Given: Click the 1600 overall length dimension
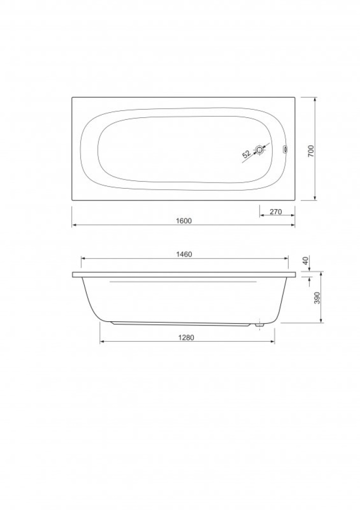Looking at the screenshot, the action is point(184,221).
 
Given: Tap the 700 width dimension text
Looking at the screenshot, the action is point(311,151).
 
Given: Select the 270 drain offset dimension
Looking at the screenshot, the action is point(275,212).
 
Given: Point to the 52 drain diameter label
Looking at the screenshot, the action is point(246,154).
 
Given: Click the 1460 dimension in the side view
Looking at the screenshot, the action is point(185,254).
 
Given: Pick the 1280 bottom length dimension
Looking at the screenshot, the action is point(186,338).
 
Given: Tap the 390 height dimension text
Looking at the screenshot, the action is point(317,298).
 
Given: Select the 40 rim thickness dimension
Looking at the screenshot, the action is point(305,261).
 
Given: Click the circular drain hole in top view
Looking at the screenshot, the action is point(260,150).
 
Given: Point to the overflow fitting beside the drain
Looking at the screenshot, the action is point(285,149).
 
